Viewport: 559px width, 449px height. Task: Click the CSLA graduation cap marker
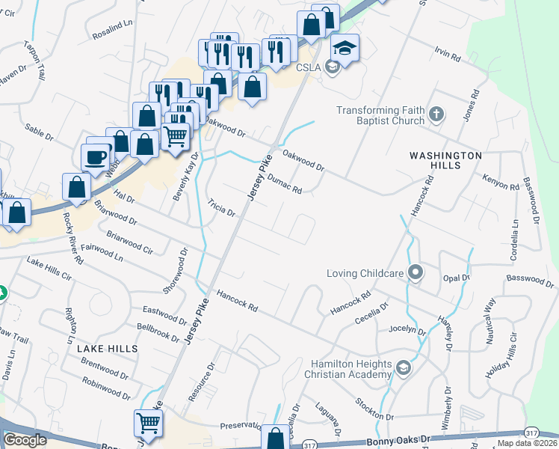click(345, 49)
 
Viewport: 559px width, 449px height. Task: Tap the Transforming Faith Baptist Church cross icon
click(436, 115)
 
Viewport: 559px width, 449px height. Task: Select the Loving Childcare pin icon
click(416, 273)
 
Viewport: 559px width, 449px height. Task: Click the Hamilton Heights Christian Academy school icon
click(404, 367)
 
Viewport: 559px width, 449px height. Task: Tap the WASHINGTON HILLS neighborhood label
click(445, 156)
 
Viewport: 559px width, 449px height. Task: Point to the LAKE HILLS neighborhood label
click(107, 349)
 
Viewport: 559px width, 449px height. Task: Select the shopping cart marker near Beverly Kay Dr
click(175, 137)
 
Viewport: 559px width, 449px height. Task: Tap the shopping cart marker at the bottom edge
click(149, 424)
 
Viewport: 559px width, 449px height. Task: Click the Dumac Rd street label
click(284, 184)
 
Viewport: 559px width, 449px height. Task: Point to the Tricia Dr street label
click(221, 207)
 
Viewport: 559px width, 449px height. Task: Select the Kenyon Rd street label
click(501, 183)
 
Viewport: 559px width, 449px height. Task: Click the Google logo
click(25, 440)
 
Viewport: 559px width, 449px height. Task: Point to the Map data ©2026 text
click(527, 443)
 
